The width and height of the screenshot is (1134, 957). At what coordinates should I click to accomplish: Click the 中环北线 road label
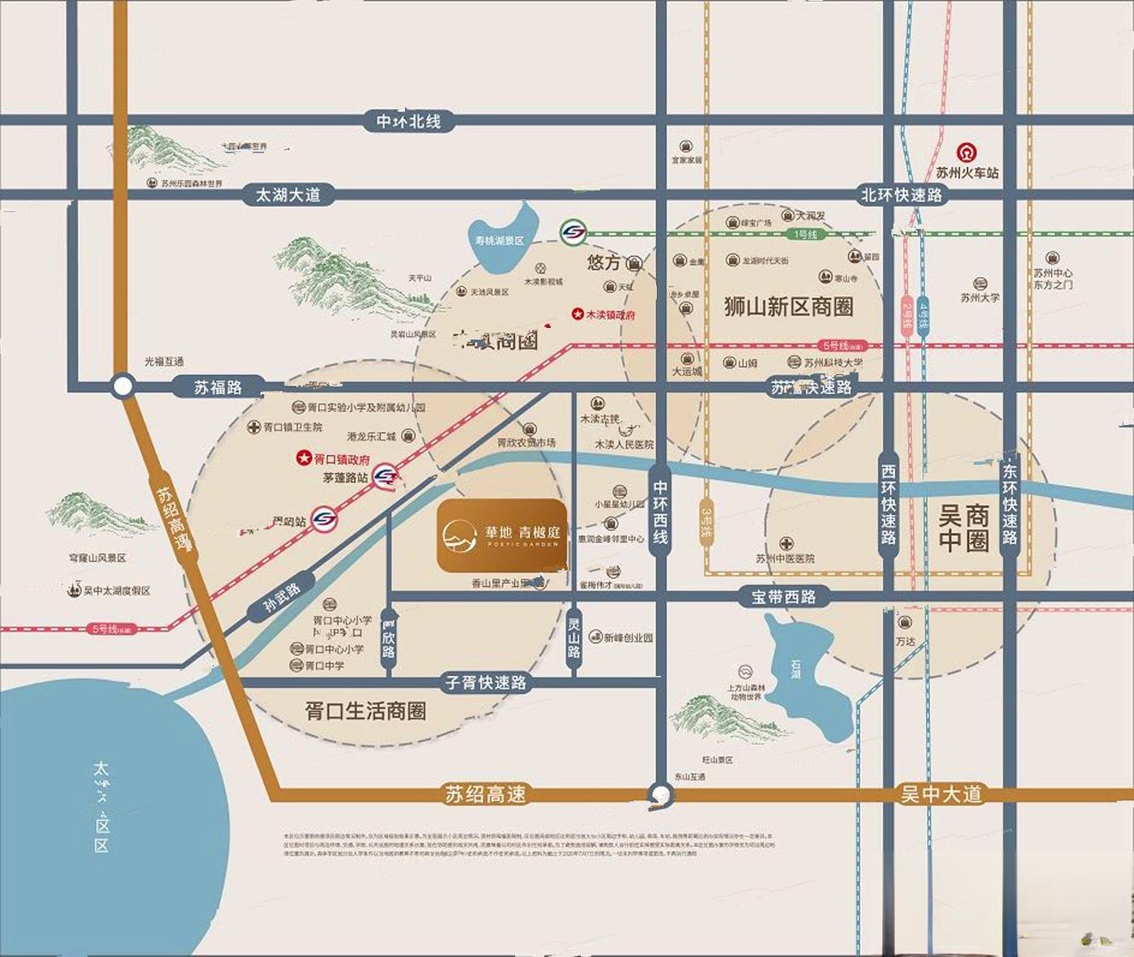pos(408,121)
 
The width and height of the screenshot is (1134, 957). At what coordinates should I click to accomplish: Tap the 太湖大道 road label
pos(288,195)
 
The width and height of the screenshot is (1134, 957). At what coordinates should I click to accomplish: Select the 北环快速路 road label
pos(901,195)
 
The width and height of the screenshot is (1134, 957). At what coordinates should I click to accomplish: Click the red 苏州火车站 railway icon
pos(966,153)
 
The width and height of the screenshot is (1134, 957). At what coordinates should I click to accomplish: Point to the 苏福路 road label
pos(218,388)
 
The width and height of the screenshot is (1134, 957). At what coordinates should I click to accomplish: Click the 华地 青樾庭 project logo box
pos(501,535)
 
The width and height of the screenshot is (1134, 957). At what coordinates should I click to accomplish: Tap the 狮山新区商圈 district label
pos(788,307)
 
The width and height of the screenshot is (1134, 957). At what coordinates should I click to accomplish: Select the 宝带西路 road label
pos(782,597)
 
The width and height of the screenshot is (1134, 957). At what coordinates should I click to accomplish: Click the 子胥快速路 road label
pos(486,683)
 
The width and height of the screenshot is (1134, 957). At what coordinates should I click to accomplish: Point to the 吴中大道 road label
pos(940,794)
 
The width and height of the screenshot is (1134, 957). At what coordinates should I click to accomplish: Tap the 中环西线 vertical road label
pos(661,513)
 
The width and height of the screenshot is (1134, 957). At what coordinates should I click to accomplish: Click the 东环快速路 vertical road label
pos(1009,504)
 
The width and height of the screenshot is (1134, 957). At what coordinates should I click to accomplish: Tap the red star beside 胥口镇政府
pos(303,458)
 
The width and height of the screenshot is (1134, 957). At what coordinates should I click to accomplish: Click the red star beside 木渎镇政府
pos(578,313)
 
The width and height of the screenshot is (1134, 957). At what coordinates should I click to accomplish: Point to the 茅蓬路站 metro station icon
pos(387,476)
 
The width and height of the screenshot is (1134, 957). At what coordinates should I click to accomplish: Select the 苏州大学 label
pos(979,297)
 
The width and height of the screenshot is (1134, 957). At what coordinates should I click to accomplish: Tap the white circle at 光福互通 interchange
pos(122,387)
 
